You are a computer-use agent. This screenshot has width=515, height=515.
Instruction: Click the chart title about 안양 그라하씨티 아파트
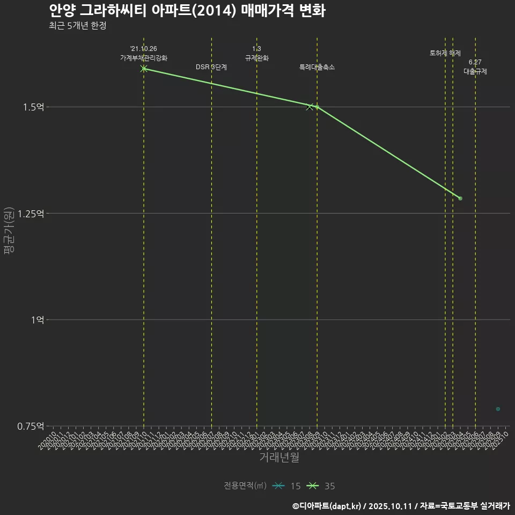pyautogui.click(x=187, y=11)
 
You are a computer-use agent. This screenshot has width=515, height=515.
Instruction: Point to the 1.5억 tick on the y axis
pyautogui.click(x=33, y=107)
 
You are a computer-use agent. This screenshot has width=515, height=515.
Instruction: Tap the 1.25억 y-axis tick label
pyautogui.click(x=31, y=214)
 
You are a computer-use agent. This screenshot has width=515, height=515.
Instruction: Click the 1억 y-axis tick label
pyautogui.click(x=37, y=320)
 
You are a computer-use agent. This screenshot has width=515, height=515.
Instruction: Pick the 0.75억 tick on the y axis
pyautogui.click(x=31, y=426)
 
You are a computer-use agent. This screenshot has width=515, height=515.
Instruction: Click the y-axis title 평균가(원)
pyautogui.click(x=9, y=231)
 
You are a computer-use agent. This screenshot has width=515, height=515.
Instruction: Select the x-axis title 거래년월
pyautogui.click(x=279, y=458)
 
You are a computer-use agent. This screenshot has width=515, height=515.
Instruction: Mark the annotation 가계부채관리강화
pyautogui.click(x=144, y=58)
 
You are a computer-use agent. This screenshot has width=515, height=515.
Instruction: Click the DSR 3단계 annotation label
pyautogui.click(x=211, y=67)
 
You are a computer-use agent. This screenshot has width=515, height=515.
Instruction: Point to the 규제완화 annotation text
pyautogui.click(x=257, y=58)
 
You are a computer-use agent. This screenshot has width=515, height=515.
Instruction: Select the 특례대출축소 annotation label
pyautogui.click(x=317, y=67)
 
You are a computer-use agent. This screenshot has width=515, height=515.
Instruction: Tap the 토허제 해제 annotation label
pyautogui.click(x=445, y=53)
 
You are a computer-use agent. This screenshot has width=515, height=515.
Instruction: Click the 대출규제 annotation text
pyautogui.click(x=475, y=71)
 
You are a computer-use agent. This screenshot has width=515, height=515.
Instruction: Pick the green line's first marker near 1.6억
pyautogui.click(x=144, y=69)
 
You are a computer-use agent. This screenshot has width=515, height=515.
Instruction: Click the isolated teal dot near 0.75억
pyautogui.click(x=498, y=409)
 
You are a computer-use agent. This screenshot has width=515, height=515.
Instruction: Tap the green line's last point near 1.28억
pyautogui.click(x=460, y=198)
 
